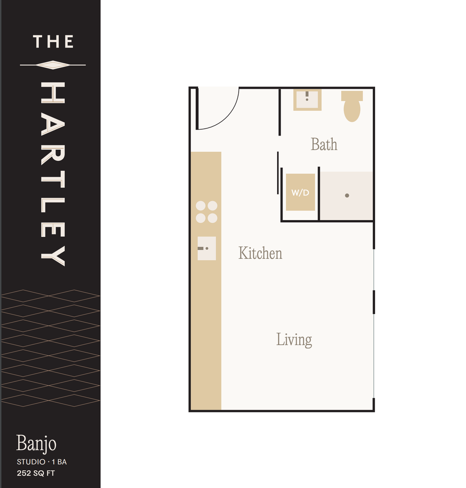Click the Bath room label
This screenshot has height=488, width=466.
tap(324, 145)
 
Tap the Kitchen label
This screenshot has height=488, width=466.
tap(260, 253)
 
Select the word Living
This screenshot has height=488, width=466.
tap(294, 340)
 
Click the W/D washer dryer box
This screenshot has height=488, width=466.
tap(301, 192)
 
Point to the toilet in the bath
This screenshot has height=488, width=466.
tap(352, 106)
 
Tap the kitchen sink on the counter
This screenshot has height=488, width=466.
tap(207, 249)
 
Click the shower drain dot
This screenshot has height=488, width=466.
tap(347, 196)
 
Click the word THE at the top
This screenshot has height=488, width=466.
tap(53, 42)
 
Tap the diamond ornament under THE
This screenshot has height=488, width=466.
tap(53, 65)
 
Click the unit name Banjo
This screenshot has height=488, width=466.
tap(36, 443)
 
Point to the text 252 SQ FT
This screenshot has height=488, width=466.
tap(36, 473)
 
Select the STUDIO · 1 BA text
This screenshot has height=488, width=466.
tap(42, 462)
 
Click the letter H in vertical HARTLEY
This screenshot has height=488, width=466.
tap(53, 93)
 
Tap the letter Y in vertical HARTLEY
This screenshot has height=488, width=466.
tap(53, 256)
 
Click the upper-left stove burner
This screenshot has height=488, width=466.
tap(201, 206)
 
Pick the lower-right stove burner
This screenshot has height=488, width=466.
tap(212, 218)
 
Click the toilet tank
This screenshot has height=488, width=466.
tap(352, 95)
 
